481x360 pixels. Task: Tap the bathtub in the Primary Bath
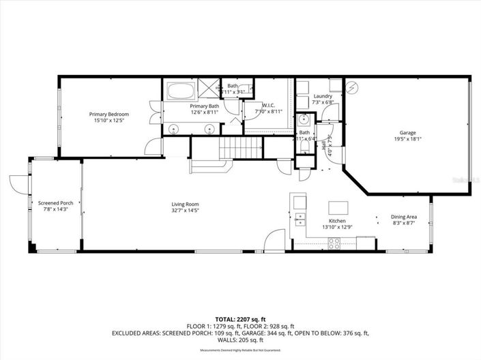coord(180,91)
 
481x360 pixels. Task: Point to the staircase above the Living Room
coord(243,147)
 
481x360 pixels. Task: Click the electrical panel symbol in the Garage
coord(351,87)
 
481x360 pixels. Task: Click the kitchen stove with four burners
coord(334,243)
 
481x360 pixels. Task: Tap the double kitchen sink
coord(300,219)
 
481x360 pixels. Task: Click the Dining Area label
coord(403,217)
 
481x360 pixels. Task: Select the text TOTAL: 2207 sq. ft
coord(239,318)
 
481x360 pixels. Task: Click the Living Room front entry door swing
coord(272,240)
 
